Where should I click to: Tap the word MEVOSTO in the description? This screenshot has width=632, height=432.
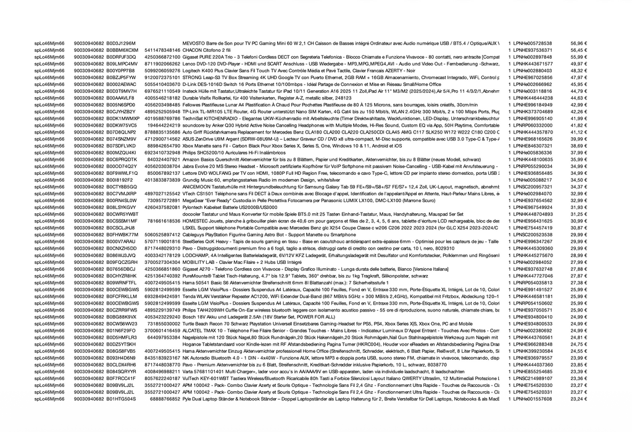pyautogui.click(x=194, y=43)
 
